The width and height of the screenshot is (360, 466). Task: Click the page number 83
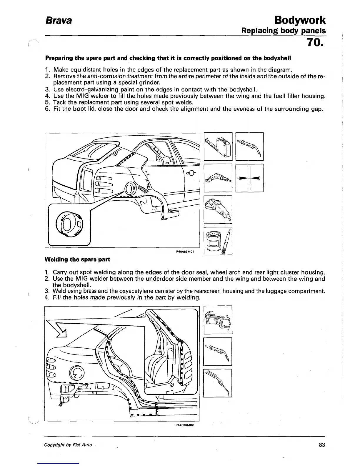[322, 445]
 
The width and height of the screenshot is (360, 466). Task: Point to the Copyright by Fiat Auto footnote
[68, 445]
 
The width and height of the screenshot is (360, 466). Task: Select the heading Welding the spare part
[77, 259]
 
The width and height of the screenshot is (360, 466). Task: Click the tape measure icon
[218, 147]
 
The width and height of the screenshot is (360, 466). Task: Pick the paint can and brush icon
[218, 241]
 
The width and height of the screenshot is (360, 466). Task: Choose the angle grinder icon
[218, 209]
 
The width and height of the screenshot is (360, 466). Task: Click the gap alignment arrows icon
[249, 178]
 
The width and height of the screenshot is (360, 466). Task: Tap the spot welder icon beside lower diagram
[218, 320]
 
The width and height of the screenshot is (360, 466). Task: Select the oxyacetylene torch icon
[218, 383]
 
